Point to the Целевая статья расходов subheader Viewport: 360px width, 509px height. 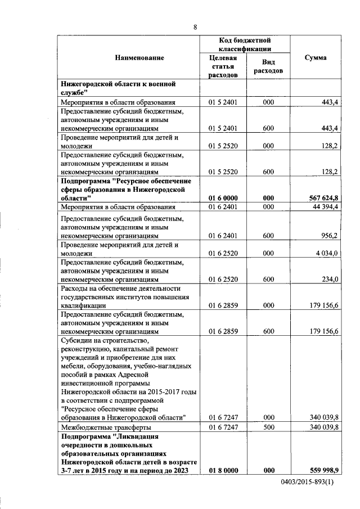tap(223, 66)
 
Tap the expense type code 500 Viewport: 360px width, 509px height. tap(268, 427)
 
